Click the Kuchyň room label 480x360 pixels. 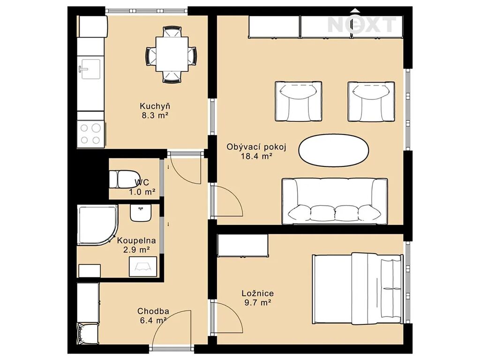155,106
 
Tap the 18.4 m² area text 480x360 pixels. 257,157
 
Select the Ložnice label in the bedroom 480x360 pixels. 258,293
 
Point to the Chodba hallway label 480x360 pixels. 153,311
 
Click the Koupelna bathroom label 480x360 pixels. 136,240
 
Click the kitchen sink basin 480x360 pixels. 90,69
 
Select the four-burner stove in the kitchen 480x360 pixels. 91,134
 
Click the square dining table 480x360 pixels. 172,54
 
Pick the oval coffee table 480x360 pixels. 334,150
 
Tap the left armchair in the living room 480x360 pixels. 298,101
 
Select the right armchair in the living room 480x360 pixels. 371,101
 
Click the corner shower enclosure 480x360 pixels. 97,225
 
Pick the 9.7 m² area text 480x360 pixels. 257,303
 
